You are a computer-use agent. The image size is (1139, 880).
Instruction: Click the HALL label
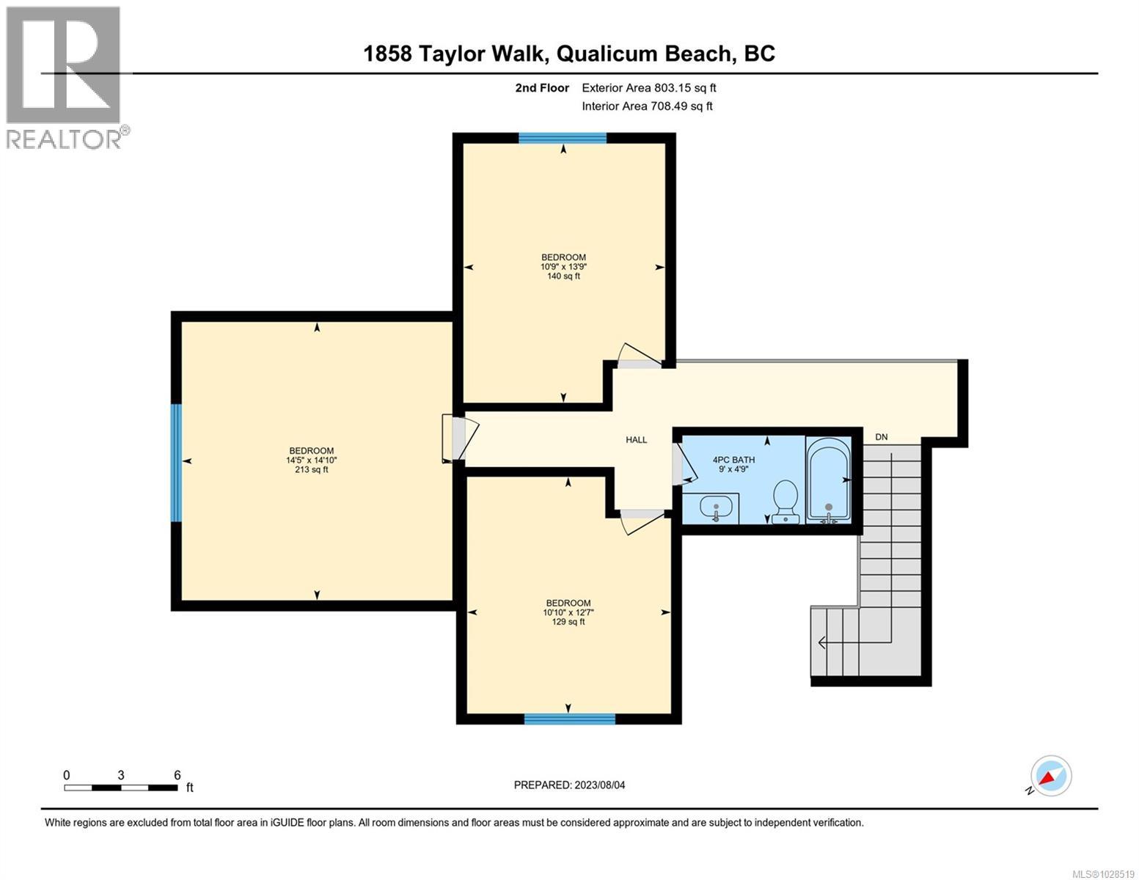click(x=636, y=440)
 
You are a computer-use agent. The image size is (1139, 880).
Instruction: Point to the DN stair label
click(x=881, y=437)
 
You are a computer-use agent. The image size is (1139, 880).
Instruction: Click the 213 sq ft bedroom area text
click(x=312, y=470)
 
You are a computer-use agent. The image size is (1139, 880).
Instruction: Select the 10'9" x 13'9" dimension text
click(x=563, y=267)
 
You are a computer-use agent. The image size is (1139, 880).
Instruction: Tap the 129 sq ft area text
click(x=568, y=622)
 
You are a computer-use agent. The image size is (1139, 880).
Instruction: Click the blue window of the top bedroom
click(x=563, y=138)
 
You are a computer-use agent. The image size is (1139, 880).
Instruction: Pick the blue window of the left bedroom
click(x=176, y=463)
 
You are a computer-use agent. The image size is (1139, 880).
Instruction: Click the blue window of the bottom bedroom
click(x=569, y=719)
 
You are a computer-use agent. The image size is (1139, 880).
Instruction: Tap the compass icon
click(x=1051, y=776)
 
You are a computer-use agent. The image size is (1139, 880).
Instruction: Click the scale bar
click(x=121, y=788)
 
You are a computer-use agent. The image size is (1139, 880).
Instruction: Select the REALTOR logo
click(x=65, y=77)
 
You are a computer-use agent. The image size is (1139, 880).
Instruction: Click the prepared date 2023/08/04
click(x=569, y=785)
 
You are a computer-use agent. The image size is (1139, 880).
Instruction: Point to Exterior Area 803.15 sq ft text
click(x=648, y=88)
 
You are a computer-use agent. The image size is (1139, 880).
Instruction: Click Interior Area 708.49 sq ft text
click(x=647, y=106)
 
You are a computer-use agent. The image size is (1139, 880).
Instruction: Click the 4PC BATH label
click(x=733, y=460)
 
